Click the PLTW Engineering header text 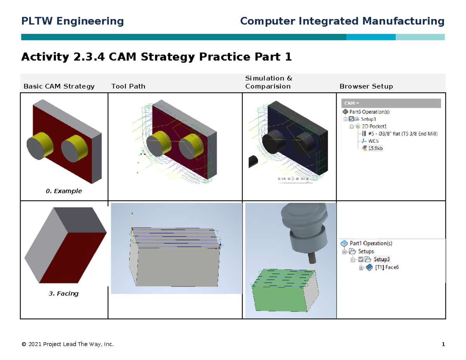pyautogui.click(x=72, y=21)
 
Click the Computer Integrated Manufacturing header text pyautogui.click(x=342, y=21)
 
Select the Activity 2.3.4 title pyautogui.click(x=156, y=57)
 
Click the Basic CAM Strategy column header pyautogui.click(x=59, y=86)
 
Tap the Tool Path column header pyautogui.click(x=128, y=86)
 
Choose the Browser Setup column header pyautogui.click(x=366, y=86)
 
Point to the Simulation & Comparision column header pyautogui.click(x=269, y=82)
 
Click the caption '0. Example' pyautogui.click(x=64, y=191)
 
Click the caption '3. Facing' pyautogui.click(x=64, y=294)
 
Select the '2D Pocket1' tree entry pyautogui.click(x=374, y=126)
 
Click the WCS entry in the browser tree pyautogui.click(x=374, y=141)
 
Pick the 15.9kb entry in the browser pyautogui.click(x=375, y=148)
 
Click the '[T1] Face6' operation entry pyautogui.click(x=387, y=267)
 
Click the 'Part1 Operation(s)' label pyautogui.click(x=371, y=243)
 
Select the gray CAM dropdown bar pyautogui.click(x=391, y=103)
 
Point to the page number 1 pyautogui.click(x=443, y=344)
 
